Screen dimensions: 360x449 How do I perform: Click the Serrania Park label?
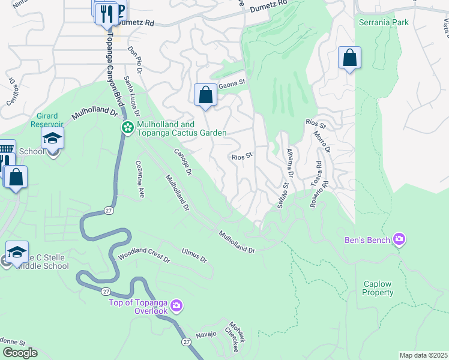(x=384, y=22)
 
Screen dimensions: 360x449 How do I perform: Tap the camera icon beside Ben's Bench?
(x=399, y=240)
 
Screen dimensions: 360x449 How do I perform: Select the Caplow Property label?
(x=378, y=288)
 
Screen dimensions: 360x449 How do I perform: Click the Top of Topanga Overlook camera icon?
(x=176, y=306)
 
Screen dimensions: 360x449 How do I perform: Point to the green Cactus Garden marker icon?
(x=128, y=127)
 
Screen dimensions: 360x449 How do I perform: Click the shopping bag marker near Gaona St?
(x=205, y=95)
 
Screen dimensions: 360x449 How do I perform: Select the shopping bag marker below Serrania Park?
(x=349, y=58)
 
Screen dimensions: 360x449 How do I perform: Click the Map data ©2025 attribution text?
(x=423, y=355)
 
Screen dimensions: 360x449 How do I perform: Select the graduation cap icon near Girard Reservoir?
(x=52, y=138)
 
